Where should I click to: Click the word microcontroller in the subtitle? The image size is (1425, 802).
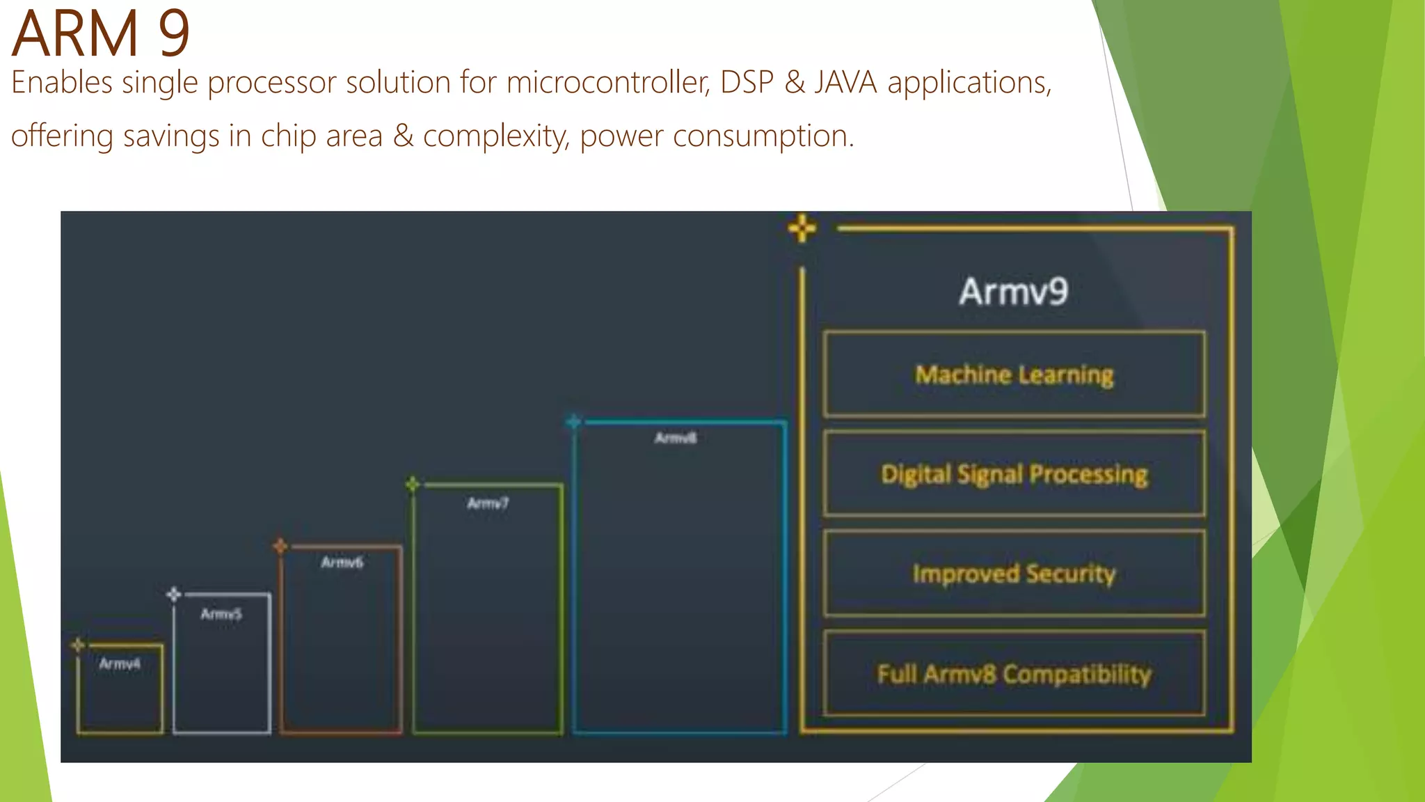[x=607, y=83]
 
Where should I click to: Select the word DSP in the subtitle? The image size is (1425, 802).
[x=747, y=83]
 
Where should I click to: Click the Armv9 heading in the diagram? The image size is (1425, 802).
[x=1013, y=291]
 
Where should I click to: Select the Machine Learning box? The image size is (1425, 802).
[x=1014, y=375]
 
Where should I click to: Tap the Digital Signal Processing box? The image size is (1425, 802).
[x=1014, y=474]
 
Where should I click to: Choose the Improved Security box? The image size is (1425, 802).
[x=1014, y=574]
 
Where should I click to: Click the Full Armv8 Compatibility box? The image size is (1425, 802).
[x=1014, y=673]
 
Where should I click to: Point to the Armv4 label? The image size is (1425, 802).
[x=120, y=663]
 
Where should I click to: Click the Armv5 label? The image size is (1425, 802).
[x=221, y=614]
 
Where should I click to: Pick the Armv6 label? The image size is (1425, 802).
[x=342, y=562]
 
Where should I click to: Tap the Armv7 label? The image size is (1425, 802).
[x=488, y=503]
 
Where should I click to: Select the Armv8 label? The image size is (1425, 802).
[x=675, y=438]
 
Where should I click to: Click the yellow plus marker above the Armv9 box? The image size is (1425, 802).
[x=802, y=228]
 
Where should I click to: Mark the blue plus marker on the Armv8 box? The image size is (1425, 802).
[x=573, y=421]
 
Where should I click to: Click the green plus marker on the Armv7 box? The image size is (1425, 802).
[x=413, y=483]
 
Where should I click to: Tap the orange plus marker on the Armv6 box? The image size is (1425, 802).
[x=280, y=546]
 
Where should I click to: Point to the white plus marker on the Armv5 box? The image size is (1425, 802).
[x=174, y=594]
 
